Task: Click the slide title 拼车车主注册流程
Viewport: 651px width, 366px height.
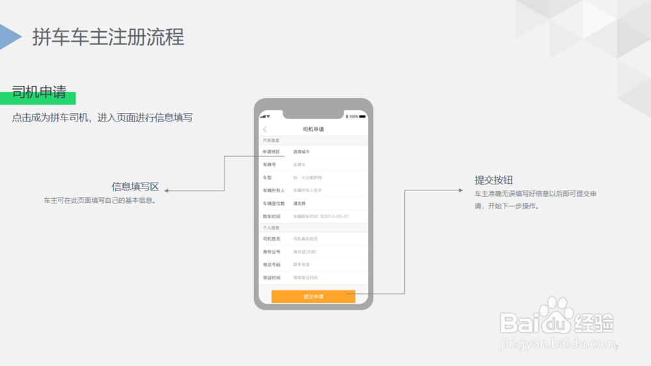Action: [108, 37]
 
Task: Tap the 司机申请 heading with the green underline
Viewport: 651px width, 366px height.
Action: [39, 92]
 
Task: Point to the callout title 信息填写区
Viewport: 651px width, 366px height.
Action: [135, 187]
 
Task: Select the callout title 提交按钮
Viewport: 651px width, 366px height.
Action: [499, 180]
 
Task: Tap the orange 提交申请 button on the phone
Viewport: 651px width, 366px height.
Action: [313, 296]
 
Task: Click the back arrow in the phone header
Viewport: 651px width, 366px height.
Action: [265, 129]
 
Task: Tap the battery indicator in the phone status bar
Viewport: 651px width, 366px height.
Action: [354, 116]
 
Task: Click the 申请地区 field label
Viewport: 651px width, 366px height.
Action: [271, 151]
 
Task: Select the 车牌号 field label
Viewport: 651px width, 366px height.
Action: [270, 164]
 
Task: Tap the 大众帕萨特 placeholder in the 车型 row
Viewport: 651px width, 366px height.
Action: [307, 177]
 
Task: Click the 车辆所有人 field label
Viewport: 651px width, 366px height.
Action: [273, 190]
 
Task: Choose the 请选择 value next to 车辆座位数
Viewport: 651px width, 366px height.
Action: [299, 203]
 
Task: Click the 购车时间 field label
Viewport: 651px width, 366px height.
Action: [271, 216]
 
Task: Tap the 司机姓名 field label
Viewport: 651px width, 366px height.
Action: [271, 239]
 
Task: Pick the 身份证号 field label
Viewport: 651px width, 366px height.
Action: [271, 252]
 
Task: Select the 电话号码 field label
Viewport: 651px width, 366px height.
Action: [271, 265]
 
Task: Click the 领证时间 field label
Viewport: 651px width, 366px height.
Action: [271, 278]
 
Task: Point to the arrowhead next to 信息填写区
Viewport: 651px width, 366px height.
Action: [166, 190]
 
